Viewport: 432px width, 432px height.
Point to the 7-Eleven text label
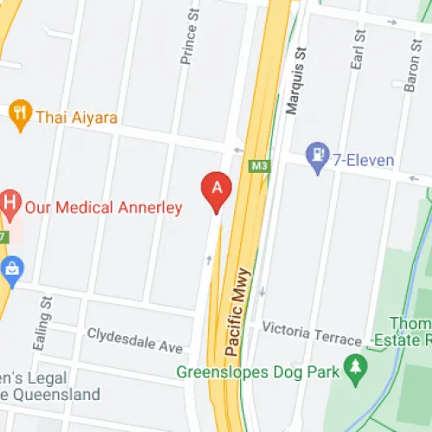365,160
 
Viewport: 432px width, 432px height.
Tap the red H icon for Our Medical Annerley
10,206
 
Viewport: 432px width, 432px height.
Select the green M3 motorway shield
257,165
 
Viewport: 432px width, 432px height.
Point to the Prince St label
185,43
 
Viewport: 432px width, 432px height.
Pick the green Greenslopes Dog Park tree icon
354,367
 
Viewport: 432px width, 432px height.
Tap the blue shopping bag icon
11,270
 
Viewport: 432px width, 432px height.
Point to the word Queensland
58,395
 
